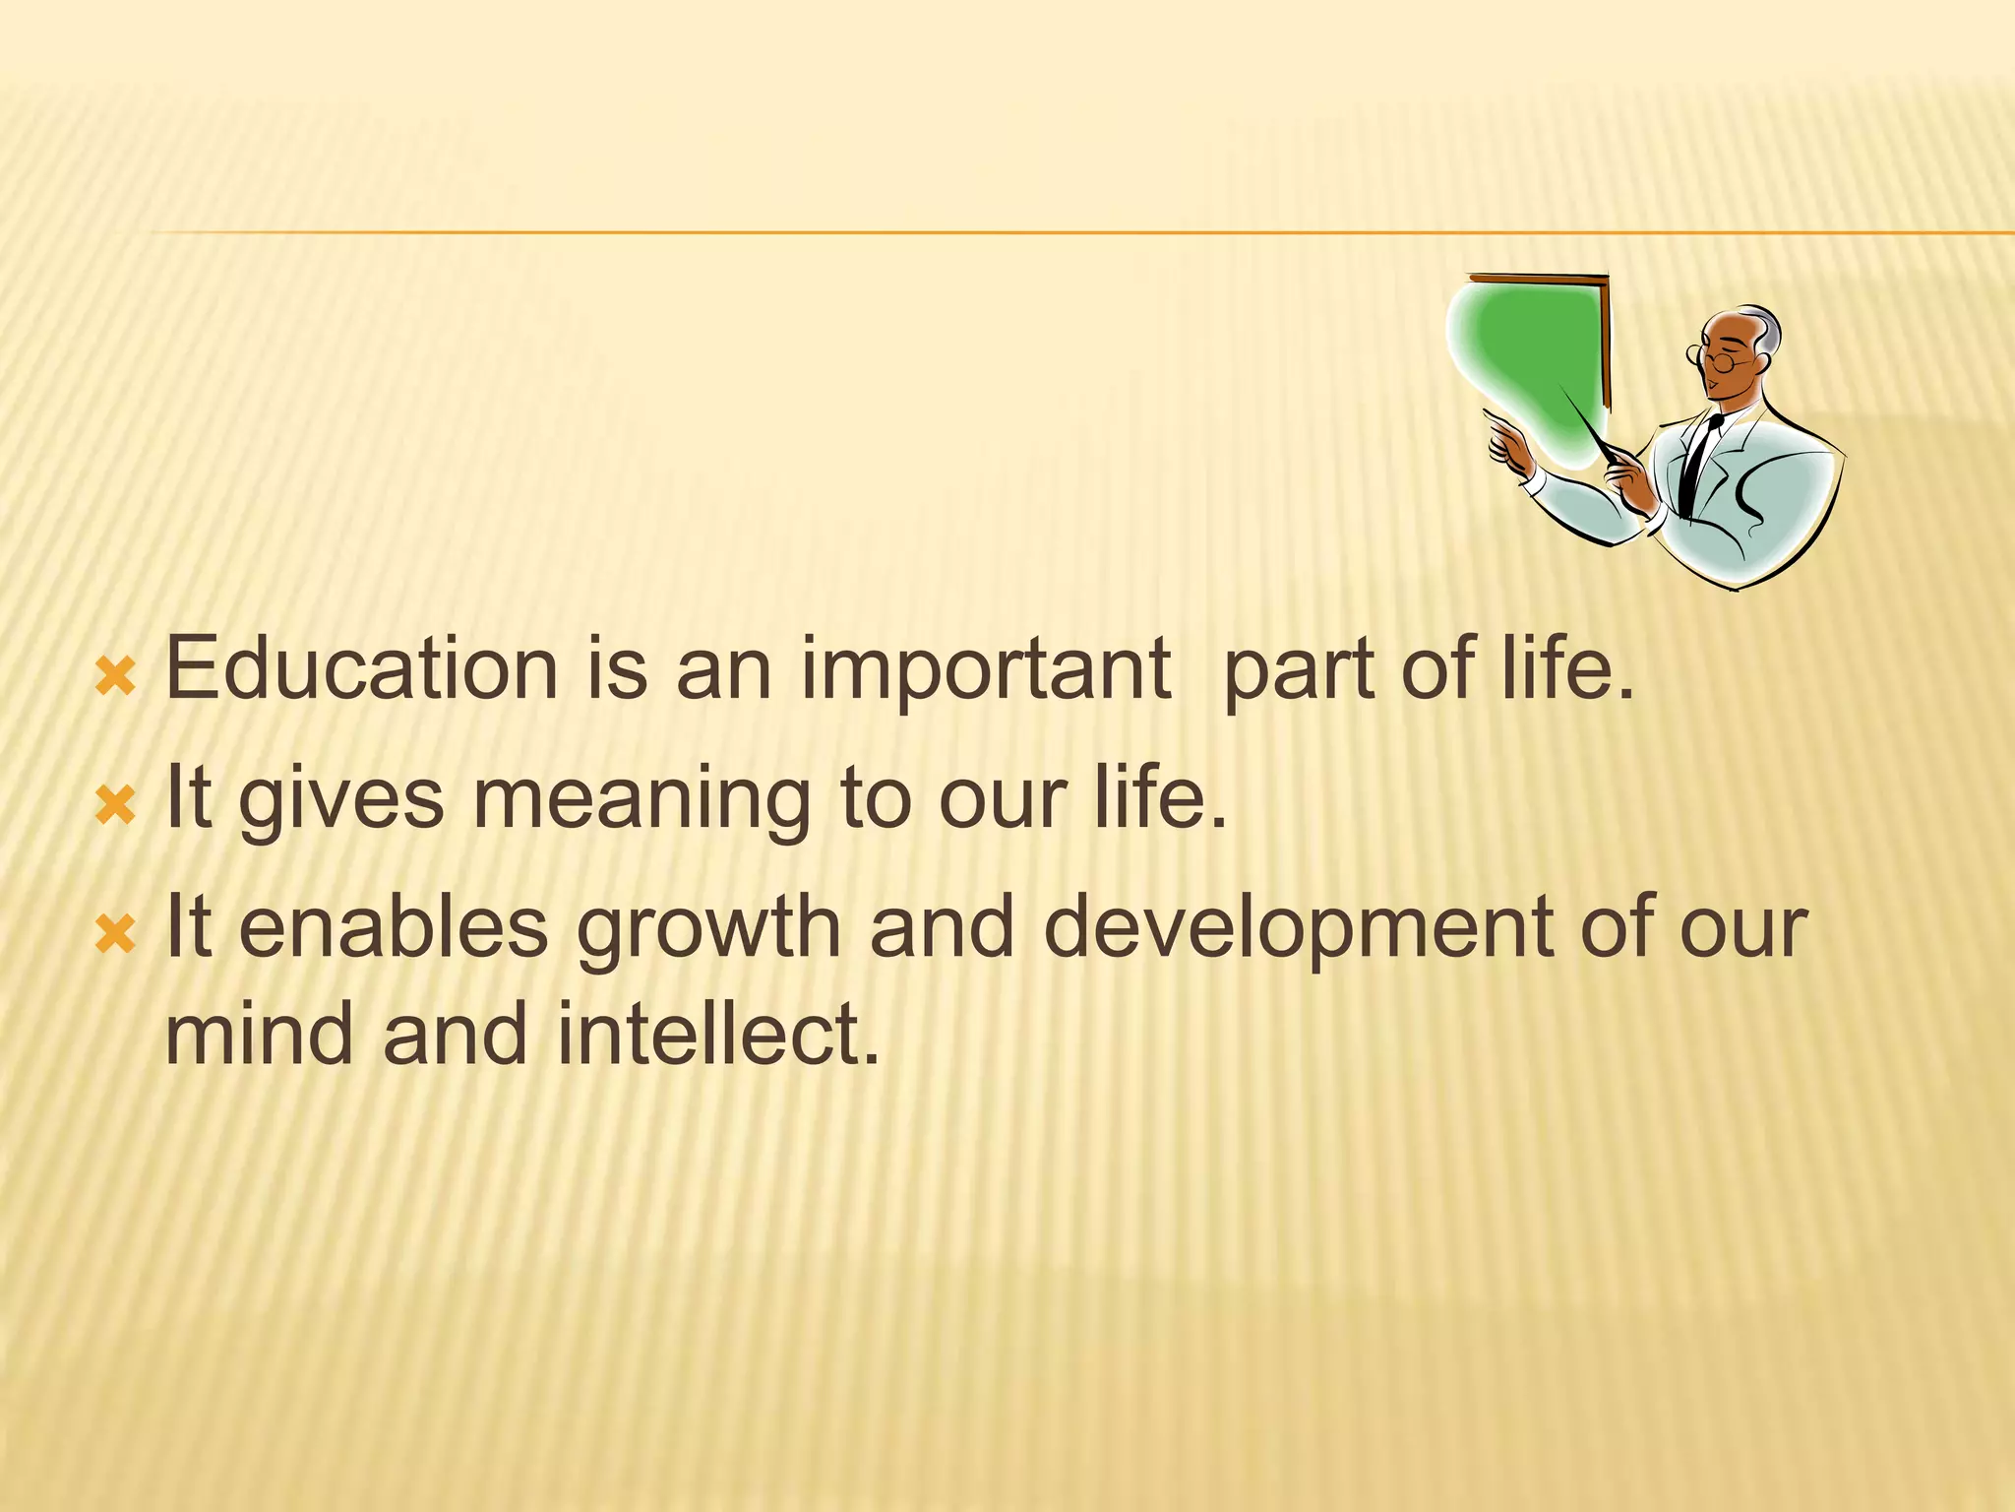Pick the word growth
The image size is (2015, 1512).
[x=708, y=929]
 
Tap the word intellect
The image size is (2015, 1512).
[x=717, y=1034]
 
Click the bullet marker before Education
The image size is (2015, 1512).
[x=115, y=678]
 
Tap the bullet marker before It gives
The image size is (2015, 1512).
[x=115, y=806]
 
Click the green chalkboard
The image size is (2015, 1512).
[x=1530, y=364]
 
